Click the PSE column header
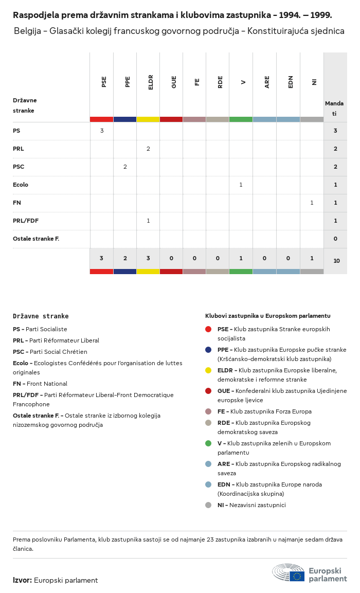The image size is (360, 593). click(104, 82)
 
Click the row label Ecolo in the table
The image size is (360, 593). click(21, 185)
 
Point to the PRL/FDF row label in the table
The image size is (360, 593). click(26, 221)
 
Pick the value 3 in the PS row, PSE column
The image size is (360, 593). click(102, 131)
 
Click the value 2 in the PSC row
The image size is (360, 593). click(125, 167)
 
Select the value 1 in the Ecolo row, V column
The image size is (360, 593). click(241, 185)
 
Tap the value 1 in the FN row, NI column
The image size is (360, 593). click(312, 203)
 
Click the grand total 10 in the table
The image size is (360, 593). click(336, 261)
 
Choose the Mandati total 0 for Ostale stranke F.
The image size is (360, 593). click(335, 239)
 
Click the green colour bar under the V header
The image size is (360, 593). click(241, 119)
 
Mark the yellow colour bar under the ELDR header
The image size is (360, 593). click(148, 119)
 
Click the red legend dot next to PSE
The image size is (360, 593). click(208, 329)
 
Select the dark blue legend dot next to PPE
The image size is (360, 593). click(208, 350)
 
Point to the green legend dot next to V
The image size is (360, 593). click(208, 443)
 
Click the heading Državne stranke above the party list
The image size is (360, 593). click(41, 316)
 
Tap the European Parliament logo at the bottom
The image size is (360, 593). click(310, 573)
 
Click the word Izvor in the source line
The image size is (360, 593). click(22, 580)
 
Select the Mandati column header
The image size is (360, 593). click(334, 108)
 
